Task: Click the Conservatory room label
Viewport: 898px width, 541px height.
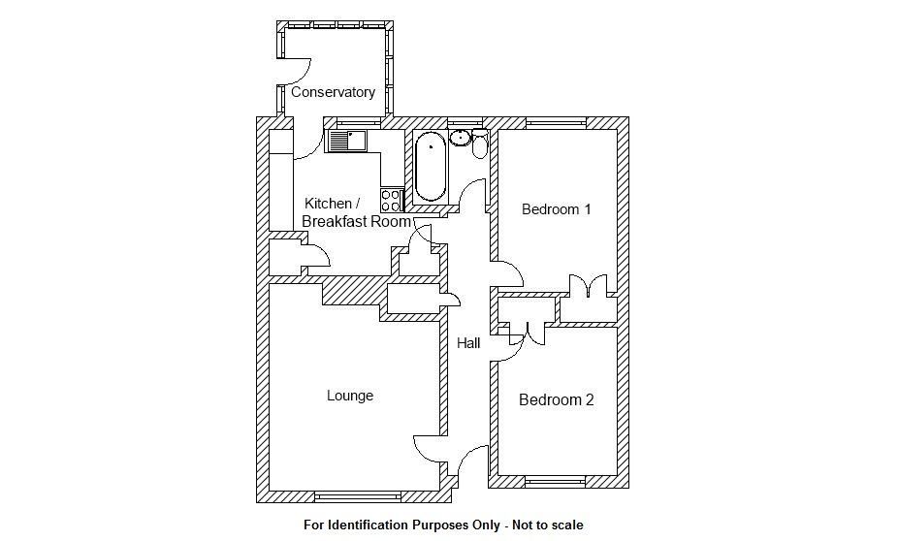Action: tap(333, 92)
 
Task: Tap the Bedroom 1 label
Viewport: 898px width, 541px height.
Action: tap(556, 208)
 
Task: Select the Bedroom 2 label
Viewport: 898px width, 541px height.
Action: tap(556, 399)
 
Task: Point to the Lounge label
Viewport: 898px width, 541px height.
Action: tap(349, 396)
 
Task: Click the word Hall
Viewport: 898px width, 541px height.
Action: tap(468, 342)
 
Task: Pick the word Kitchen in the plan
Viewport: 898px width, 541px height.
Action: tap(327, 204)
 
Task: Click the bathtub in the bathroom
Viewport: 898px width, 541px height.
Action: tap(431, 167)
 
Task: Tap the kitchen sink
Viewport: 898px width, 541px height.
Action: tap(345, 142)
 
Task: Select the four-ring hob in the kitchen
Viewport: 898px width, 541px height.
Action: tap(392, 200)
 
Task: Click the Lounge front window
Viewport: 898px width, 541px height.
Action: tap(359, 496)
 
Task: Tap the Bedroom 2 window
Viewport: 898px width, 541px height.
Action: tap(556, 480)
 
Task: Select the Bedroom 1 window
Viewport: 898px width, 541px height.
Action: tap(556, 123)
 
